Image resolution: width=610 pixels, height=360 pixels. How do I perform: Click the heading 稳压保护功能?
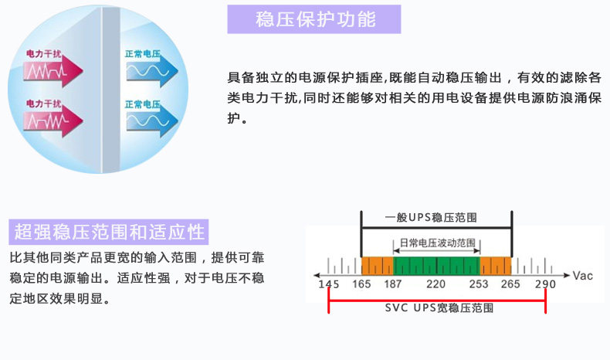(x=316, y=19)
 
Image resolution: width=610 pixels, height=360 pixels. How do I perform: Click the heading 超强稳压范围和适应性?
(x=110, y=232)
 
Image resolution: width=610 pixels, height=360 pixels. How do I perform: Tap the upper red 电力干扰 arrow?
(x=53, y=71)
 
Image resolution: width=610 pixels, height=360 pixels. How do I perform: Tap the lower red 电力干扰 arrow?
(x=53, y=121)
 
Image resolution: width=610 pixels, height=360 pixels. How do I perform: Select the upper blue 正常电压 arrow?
(x=152, y=71)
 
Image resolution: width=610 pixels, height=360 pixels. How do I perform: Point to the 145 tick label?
(x=329, y=284)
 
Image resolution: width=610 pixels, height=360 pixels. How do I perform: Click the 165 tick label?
(x=361, y=284)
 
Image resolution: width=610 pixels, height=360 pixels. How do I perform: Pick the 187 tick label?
(x=393, y=284)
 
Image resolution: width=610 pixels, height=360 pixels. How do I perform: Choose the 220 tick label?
(x=435, y=284)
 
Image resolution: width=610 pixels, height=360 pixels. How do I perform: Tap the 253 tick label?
(x=479, y=284)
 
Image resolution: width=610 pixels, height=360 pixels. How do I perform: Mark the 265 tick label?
(x=510, y=284)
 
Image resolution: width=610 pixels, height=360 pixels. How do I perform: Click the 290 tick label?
(x=545, y=284)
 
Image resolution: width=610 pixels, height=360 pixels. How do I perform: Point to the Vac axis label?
(x=583, y=276)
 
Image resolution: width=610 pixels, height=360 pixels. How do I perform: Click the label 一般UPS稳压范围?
(x=431, y=218)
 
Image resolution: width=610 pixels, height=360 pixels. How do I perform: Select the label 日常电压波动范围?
(x=438, y=243)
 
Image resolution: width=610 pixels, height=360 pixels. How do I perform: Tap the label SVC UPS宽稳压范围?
(x=439, y=307)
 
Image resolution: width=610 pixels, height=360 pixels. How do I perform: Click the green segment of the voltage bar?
(x=436, y=266)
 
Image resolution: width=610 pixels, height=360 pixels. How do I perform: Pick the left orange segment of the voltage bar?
(x=378, y=266)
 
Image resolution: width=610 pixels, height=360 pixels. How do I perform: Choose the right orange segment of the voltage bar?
(x=496, y=266)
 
